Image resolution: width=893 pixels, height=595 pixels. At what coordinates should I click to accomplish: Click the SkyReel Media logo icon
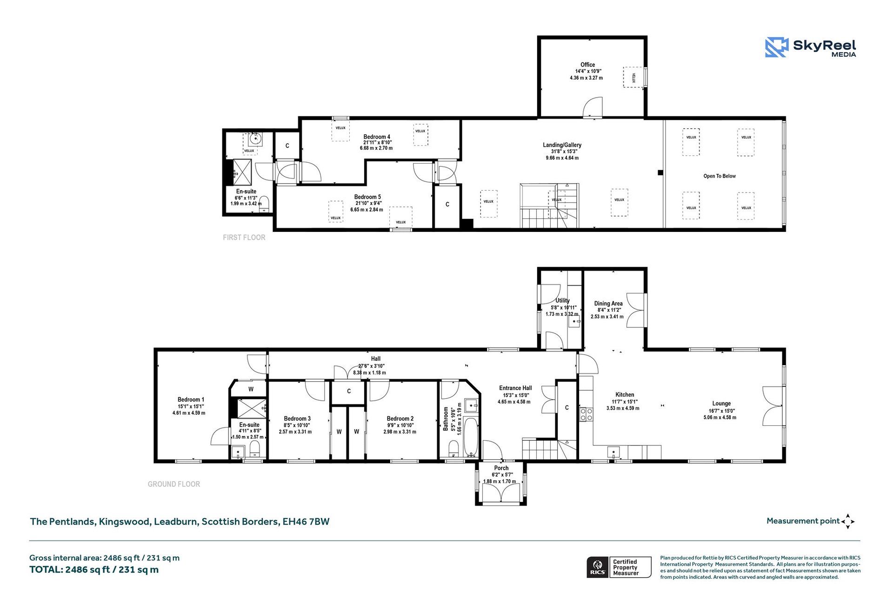tap(776, 47)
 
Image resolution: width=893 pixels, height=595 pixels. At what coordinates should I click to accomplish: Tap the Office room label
tap(587, 65)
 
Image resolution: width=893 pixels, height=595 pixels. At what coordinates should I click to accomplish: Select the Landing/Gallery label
tap(562, 145)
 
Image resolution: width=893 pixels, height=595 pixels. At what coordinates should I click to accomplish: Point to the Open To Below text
tap(719, 176)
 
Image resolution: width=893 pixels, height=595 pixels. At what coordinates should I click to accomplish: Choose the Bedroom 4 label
tap(377, 137)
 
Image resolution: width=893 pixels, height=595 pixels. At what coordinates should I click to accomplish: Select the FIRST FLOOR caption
tap(244, 238)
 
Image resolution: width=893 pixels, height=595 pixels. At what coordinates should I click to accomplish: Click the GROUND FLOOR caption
tap(174, 484)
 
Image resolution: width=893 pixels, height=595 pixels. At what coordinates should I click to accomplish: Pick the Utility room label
tap(562, 300)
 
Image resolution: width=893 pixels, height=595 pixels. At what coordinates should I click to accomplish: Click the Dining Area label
tap(608, 304)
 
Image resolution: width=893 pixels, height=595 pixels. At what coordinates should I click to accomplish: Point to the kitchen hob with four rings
tap(586, 414)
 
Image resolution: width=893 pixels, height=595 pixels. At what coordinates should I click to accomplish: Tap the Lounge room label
tap(721, 403)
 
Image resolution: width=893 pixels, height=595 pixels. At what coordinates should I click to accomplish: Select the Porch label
tap(501, 468)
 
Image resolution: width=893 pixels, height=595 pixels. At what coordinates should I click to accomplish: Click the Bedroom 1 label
tap(191, 399)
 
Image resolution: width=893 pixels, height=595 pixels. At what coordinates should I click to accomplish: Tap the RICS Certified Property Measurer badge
tap(619, 567)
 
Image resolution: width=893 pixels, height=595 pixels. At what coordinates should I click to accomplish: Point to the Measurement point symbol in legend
tap(848, 522)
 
